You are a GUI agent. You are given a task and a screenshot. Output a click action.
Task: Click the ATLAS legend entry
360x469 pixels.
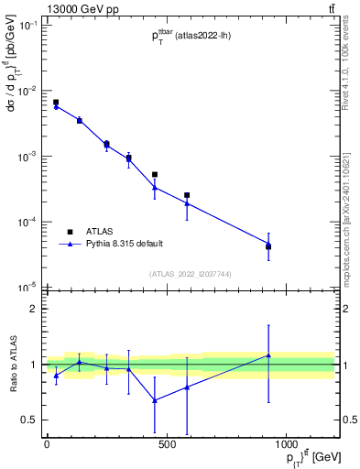tap(100, 232)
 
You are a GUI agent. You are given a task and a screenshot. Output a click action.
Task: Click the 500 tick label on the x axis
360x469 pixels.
tap(166, 444)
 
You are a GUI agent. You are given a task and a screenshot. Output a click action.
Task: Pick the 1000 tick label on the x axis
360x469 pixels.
tap(287, 444)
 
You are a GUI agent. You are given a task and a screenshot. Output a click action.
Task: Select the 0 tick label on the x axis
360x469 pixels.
tap(47, 444)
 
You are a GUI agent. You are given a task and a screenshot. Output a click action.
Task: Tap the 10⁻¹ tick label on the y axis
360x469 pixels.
tap(27, 26)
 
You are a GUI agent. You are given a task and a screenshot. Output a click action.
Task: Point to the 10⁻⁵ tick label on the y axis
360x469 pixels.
tap(27, 288)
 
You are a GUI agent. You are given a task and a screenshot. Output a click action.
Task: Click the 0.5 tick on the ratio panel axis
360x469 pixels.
tap(28, 420)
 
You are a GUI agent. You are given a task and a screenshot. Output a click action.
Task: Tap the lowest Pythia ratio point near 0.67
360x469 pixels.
tap(155, 399)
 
